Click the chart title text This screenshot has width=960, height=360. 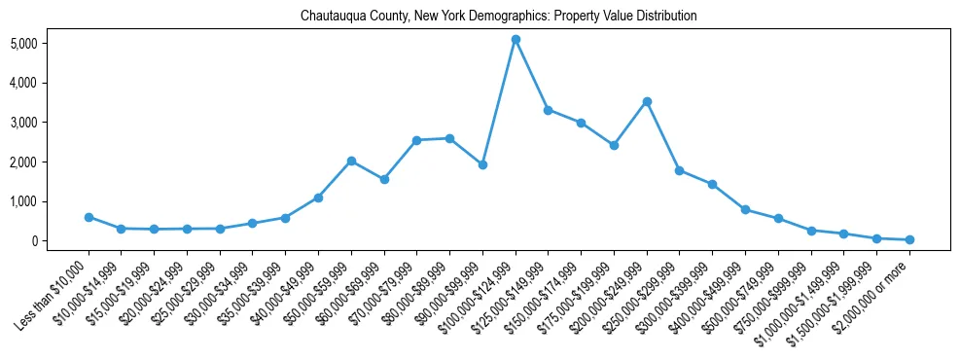pos(499,17)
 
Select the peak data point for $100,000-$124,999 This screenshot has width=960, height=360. pos(516,39)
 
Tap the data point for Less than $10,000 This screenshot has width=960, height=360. pos(89,217)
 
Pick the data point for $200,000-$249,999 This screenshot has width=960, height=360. pos(647,101)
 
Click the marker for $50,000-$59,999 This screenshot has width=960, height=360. pos(351,161)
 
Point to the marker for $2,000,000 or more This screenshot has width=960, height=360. pos(909,239)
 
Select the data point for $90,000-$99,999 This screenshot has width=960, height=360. pos(482,164)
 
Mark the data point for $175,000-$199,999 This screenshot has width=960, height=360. pos(614,145)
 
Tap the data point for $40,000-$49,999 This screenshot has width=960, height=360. pos(318,198)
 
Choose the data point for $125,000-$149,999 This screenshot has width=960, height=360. pos(549,110)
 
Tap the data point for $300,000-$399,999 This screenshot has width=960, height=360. pos(712,184)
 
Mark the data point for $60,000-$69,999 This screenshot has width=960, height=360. pos(384,179)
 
